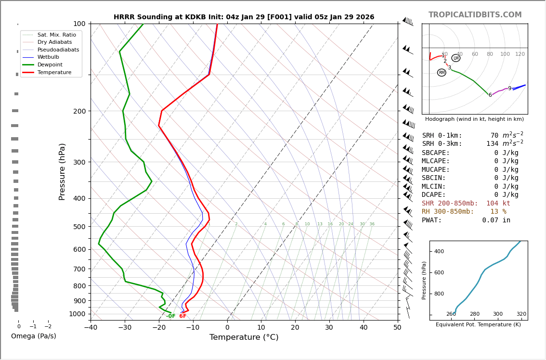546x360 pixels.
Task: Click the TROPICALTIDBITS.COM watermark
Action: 475,15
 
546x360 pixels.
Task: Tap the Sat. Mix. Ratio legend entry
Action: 56,35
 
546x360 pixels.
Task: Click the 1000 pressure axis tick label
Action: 77,314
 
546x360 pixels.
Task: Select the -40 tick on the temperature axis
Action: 91,328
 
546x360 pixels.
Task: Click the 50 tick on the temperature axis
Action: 397,328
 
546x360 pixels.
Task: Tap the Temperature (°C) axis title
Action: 244,337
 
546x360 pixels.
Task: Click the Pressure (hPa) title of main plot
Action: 62,171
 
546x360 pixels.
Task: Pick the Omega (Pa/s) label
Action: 34,336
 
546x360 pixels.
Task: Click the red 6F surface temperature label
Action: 183,316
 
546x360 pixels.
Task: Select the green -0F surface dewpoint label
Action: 171,316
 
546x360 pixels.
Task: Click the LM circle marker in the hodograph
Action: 456,58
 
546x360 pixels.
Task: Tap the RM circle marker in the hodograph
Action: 442,73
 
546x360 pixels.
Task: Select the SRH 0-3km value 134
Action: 493,144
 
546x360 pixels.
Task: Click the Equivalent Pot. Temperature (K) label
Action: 478,325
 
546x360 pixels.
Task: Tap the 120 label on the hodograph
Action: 520,54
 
